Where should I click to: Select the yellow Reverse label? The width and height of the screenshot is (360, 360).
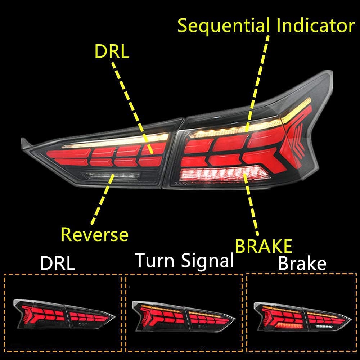pyautogui.click(x=95, y=234)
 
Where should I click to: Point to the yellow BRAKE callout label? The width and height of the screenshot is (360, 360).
pyautogui.click(x=264, y=247)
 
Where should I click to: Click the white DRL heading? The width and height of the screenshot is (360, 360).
pyautogui.click(x=58, y=264)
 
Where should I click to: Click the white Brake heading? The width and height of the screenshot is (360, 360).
pyautogui.click(x=302, y=264)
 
